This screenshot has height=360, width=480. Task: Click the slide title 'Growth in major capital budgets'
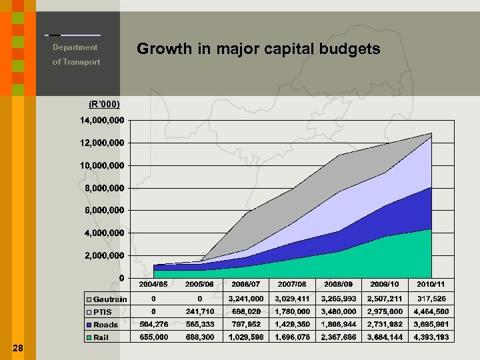click(x=258, y=49)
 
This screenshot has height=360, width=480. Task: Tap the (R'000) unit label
click(x=104, y=105)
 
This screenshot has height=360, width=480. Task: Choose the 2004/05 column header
click(x=154, y=285)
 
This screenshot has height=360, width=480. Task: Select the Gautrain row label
click(x=110, y=299)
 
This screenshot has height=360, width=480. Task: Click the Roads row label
click(x=106, y=325)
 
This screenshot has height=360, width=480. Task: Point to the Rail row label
click(x=101, y=337)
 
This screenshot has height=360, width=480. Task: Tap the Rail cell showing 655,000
click(x=154, y=337)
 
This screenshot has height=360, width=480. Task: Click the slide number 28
click(x=18, y=347)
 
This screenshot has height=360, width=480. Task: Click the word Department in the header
click(x=75, y=47)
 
